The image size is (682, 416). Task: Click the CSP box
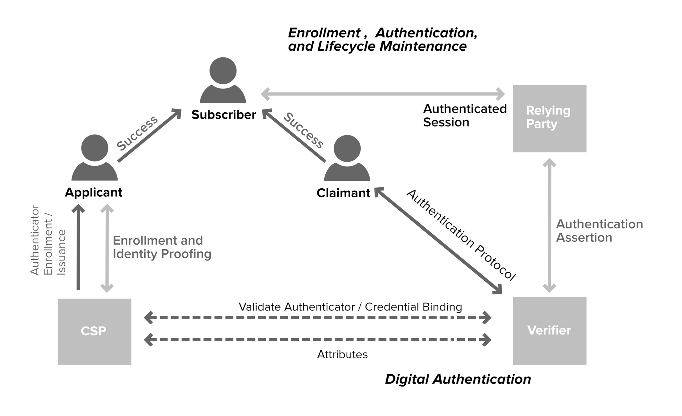click(95, 331)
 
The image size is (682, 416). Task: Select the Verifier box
click(549, 330)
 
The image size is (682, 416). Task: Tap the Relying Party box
click(549, 119)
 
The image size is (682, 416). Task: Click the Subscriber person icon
click(223, 81)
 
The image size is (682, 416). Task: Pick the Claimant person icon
click(347, 159)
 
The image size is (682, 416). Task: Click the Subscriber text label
click(224, 115)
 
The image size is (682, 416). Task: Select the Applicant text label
click(94, 192)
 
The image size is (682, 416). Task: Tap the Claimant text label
click(343, 193)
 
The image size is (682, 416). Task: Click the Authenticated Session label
click(465, 116)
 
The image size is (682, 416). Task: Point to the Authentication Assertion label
click(599, 231)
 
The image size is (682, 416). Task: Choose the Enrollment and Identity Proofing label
click(162, 247)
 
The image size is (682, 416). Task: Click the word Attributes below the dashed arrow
click(342, 354)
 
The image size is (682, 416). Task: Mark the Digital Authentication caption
click(458, 379)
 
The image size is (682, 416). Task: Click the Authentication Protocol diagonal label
click(461, 235)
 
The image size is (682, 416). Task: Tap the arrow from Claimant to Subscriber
click(294, 136)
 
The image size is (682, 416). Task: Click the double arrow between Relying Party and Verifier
click(549, 226)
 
